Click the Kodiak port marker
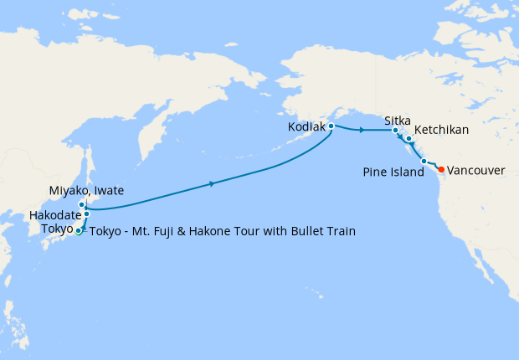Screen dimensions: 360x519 click(x=331, y=126)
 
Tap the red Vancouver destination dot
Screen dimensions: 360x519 click(x=441, y=170)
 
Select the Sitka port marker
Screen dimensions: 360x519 click(x=396, y=131)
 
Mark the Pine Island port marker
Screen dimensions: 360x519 click(x=424, y=161)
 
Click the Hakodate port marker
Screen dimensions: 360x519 click(x=86, y=214)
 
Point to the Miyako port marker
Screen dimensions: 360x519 click(x=82, y=204)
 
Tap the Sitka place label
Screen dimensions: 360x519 click(x=398, y=121)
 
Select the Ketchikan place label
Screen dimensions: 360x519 click(x=441, y=131)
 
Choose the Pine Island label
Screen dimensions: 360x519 click(x=393, y=172)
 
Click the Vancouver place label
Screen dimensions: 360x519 click(x=476, y=170)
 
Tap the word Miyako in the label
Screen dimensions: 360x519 click(x=68, y=191)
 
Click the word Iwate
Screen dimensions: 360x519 click(x=108, y=191)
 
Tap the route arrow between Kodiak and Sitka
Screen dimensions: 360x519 click(x=361, y=131)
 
